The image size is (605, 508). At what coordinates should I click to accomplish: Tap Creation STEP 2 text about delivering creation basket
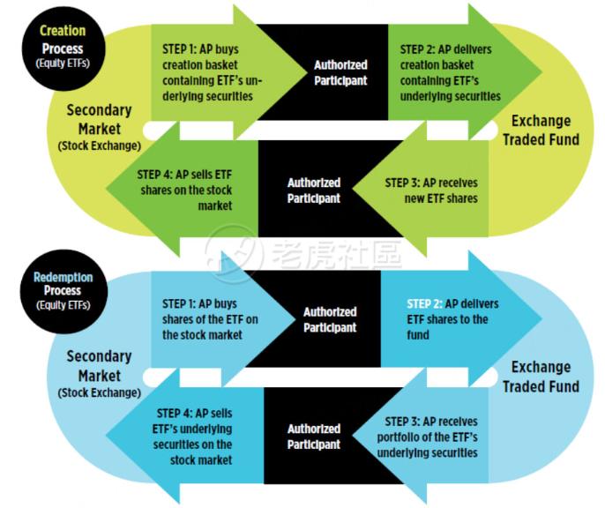tap(450, 72)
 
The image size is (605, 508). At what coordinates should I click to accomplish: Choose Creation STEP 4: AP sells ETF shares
tap(185, 190)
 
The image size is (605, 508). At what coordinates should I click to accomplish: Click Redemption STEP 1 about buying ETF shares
tap(211, 319)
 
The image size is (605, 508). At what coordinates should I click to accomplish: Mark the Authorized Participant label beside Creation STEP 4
tap(313, 190)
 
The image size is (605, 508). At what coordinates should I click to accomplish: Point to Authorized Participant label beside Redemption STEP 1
tap(330, 319)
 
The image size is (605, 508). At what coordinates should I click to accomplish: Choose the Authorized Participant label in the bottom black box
tap(313, 437)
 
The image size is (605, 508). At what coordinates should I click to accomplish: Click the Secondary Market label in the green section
tap(99, 125)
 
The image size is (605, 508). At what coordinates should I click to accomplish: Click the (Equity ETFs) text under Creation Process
tap(62, 64)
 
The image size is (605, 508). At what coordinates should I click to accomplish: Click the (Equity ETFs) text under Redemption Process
tap(62, 306)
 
